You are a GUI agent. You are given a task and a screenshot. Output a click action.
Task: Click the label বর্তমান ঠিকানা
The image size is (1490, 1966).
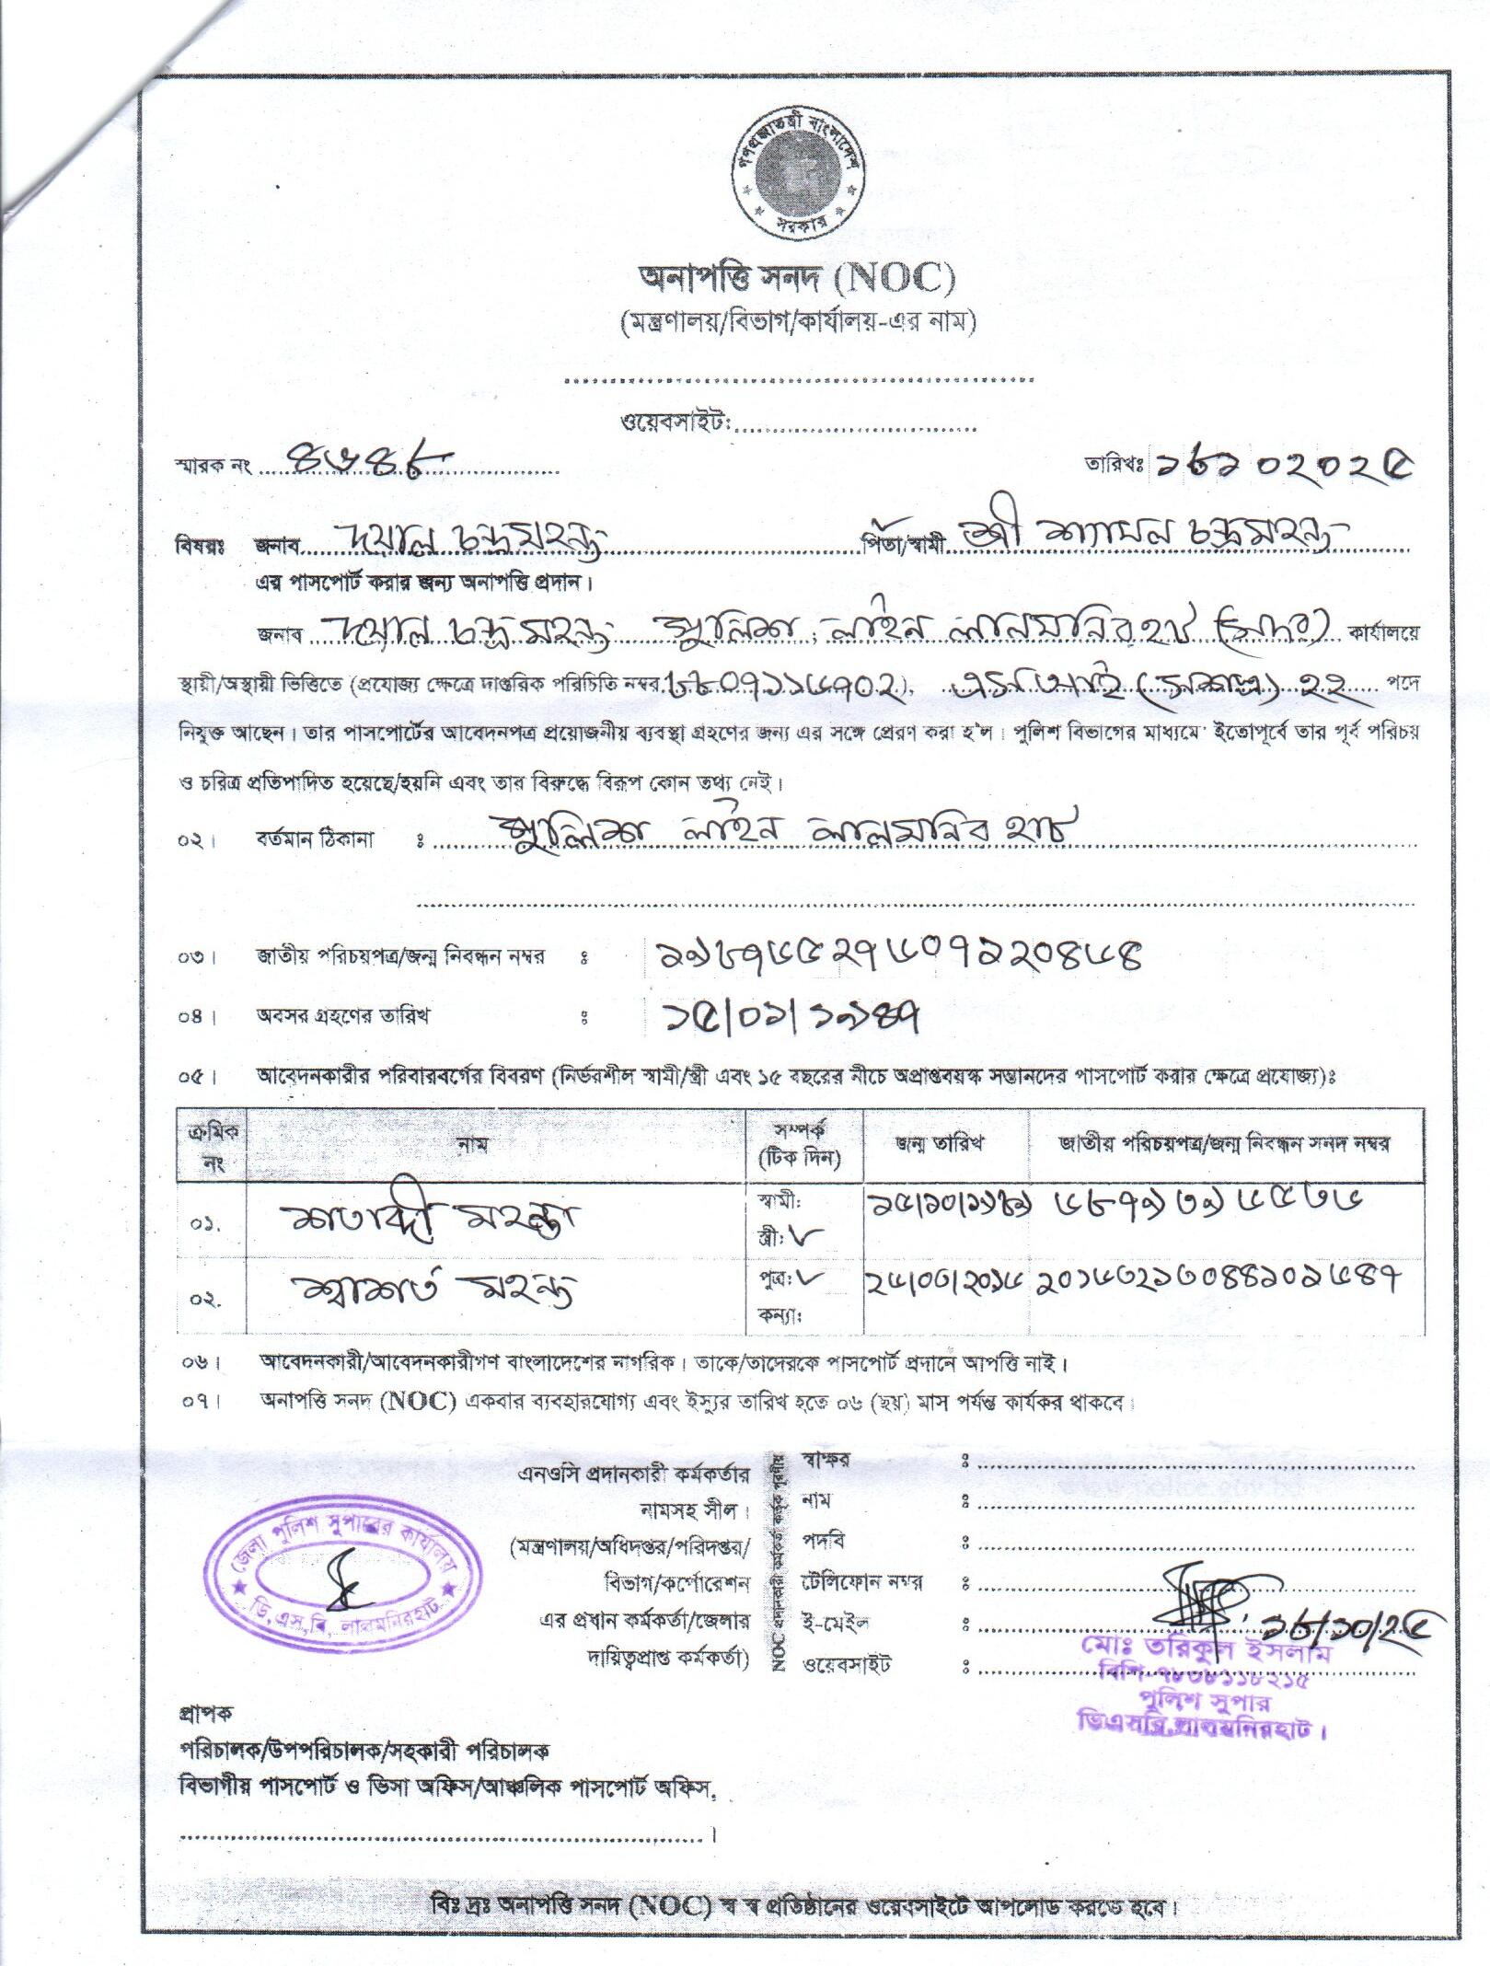click(x=315, y=839)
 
